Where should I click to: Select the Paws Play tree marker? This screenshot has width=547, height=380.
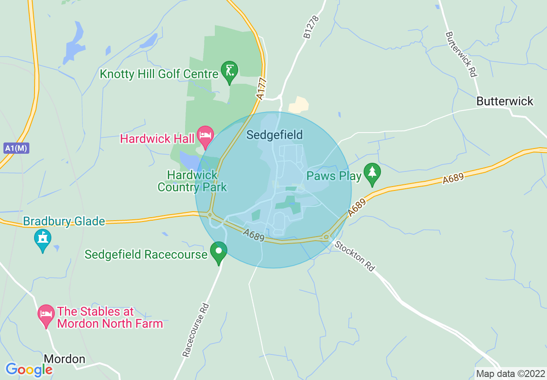[371, 174]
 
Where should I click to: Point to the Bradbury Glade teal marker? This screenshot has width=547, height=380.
[43, 240]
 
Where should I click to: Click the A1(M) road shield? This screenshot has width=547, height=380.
[16, 149]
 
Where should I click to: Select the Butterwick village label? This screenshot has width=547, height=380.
[505, 101]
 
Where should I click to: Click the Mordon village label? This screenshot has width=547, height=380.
[65, 359]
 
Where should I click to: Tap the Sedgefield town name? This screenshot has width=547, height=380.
[274, 135]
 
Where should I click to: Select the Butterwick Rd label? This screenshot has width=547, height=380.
[461, 54]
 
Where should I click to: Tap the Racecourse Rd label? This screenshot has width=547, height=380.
[196, 330]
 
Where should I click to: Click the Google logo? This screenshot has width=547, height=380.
[29, 370]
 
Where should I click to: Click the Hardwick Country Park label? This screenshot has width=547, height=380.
[192, 181]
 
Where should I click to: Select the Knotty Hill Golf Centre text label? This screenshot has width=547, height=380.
[159, 74]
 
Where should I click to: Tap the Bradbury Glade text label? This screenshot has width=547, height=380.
[64, 222]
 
